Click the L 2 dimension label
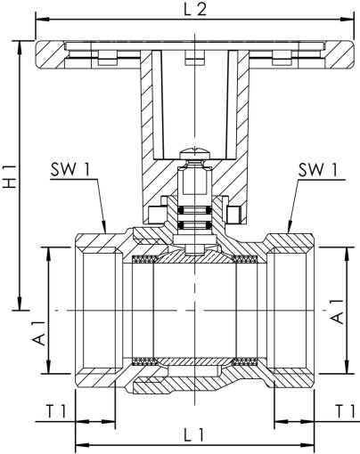195,11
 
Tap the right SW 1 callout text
318,169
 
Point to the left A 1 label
37,327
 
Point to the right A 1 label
337,308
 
